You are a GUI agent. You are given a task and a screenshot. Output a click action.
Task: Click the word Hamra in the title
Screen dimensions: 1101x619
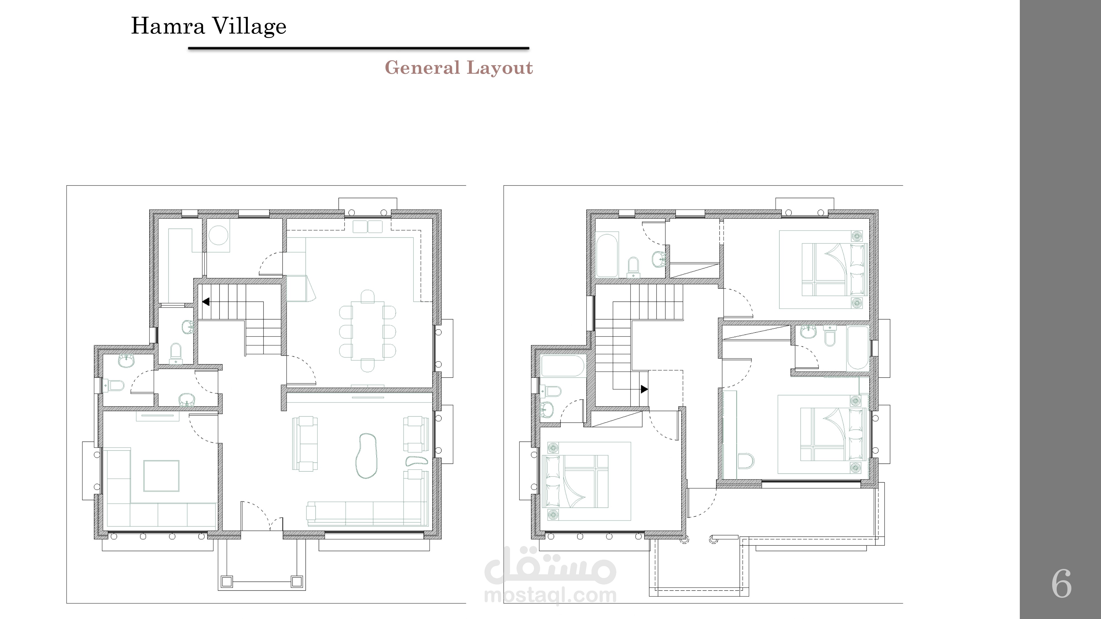(x=168, y=26)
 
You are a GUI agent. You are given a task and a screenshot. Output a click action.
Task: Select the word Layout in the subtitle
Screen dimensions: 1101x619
(x=500, y=68)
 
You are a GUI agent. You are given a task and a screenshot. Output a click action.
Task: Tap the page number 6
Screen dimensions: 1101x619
(x=1061, y=584)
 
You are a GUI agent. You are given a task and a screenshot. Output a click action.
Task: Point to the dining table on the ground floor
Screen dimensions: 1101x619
(x=367, y=331)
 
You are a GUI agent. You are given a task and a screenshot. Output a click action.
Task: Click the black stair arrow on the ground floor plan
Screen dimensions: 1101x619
(x=206, y=302)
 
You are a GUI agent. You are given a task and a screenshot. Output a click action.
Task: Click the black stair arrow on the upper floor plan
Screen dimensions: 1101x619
(x=644, y=389)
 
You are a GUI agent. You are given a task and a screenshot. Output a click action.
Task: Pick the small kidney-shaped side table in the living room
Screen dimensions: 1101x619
(x=416, y=461)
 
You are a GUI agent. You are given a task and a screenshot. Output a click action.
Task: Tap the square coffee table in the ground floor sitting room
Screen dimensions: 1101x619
(x=161, y=476)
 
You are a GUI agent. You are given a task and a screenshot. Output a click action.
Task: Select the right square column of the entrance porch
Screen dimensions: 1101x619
(x=297, y=581)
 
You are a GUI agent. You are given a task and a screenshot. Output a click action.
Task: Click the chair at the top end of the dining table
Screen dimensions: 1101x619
(x=367, y=296)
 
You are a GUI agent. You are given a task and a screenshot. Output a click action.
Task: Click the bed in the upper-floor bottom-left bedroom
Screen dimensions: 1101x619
(x=575, y=481)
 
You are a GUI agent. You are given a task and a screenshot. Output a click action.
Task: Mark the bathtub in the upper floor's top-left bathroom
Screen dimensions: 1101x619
(x=607, y=255)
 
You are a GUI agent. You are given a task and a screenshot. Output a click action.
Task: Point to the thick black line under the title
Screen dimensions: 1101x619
(x=359, y=48)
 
